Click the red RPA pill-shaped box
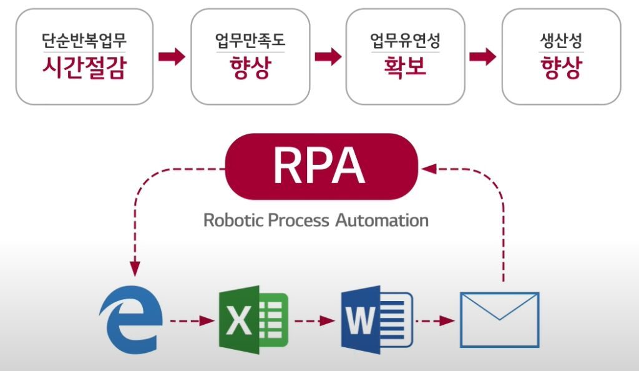319,166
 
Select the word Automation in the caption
381,220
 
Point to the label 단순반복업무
84,42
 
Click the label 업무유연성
405,42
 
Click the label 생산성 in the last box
562,42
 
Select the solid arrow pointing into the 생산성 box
482,57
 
